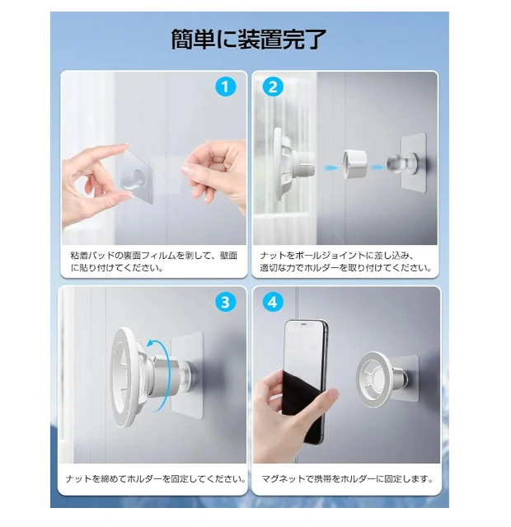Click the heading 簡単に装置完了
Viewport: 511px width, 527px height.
(x=249, y=40)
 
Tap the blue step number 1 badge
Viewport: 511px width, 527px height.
(x=225, y=87)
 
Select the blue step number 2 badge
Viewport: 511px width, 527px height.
(x=273, y=87)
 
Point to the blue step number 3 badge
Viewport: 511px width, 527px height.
(x=225, y=302)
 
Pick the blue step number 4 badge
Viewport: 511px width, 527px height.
(x=273, y=302)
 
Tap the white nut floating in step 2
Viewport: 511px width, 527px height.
(x=354, y=164)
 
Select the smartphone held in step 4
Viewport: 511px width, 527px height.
(x=305, y=382)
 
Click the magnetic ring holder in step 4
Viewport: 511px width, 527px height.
(x=374, y=379)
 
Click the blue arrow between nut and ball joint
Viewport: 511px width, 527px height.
(x=377, y=167)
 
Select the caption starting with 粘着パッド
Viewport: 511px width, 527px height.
(x=154, y=261)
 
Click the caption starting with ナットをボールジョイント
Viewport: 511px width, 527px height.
(x=345, y=261)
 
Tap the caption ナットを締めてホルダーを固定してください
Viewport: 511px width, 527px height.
(x=156, y=478)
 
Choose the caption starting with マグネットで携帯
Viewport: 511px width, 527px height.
(x=347, y=478)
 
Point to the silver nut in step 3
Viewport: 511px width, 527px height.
(x=162, y=374)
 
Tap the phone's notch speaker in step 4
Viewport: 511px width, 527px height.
(x=303, y=324)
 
